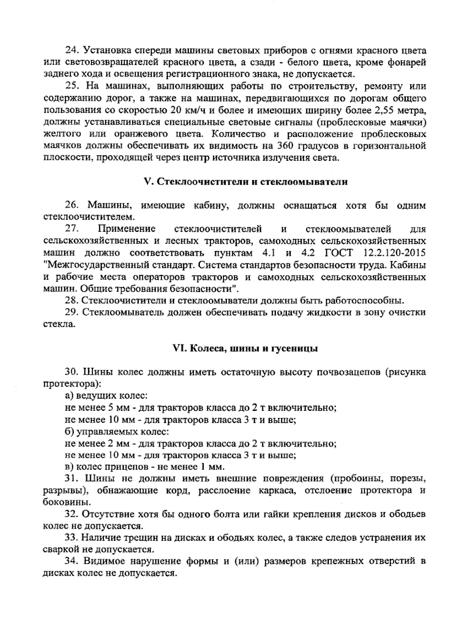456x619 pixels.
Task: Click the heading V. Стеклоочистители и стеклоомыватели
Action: point(247,182)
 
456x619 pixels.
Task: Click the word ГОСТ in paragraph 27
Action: point(339,253)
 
